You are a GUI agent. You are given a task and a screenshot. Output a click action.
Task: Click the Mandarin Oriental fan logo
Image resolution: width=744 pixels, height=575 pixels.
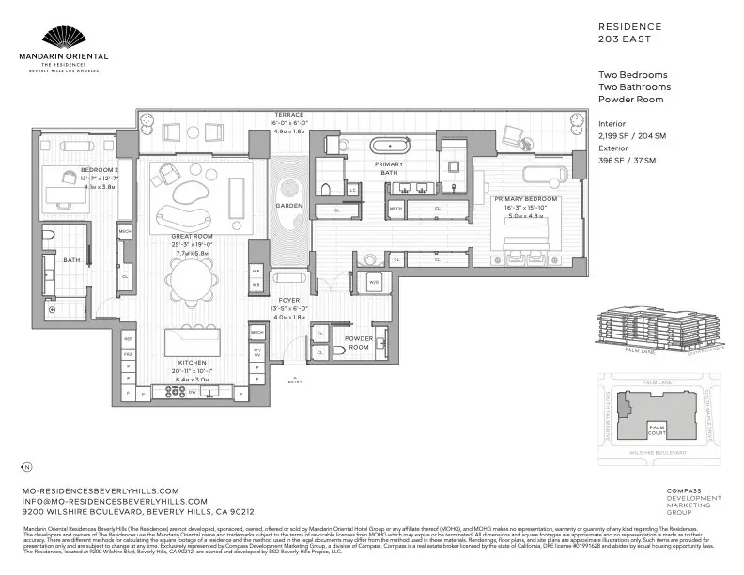point(74,38)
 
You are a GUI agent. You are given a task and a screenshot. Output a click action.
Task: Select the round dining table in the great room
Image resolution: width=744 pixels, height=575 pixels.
point(190,280)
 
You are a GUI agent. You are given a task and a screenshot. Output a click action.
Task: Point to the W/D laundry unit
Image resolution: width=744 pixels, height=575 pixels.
point(373,281)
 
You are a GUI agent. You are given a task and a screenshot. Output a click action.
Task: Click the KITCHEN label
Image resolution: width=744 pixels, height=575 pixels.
point(190,362)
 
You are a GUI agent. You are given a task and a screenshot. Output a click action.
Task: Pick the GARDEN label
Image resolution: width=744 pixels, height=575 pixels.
point(288,205)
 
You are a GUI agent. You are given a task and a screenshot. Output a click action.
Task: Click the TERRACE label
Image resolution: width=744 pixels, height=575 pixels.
point(289,114)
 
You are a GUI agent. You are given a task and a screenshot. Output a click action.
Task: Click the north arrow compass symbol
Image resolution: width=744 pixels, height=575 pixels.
point(26,467)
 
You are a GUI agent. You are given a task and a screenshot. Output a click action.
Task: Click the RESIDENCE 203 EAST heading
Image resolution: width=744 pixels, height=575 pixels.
point(629,33)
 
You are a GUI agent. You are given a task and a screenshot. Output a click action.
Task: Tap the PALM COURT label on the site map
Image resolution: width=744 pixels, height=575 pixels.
point(658,429)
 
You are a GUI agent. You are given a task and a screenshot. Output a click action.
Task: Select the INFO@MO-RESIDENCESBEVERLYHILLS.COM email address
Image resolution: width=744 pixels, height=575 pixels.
point(115,502)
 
